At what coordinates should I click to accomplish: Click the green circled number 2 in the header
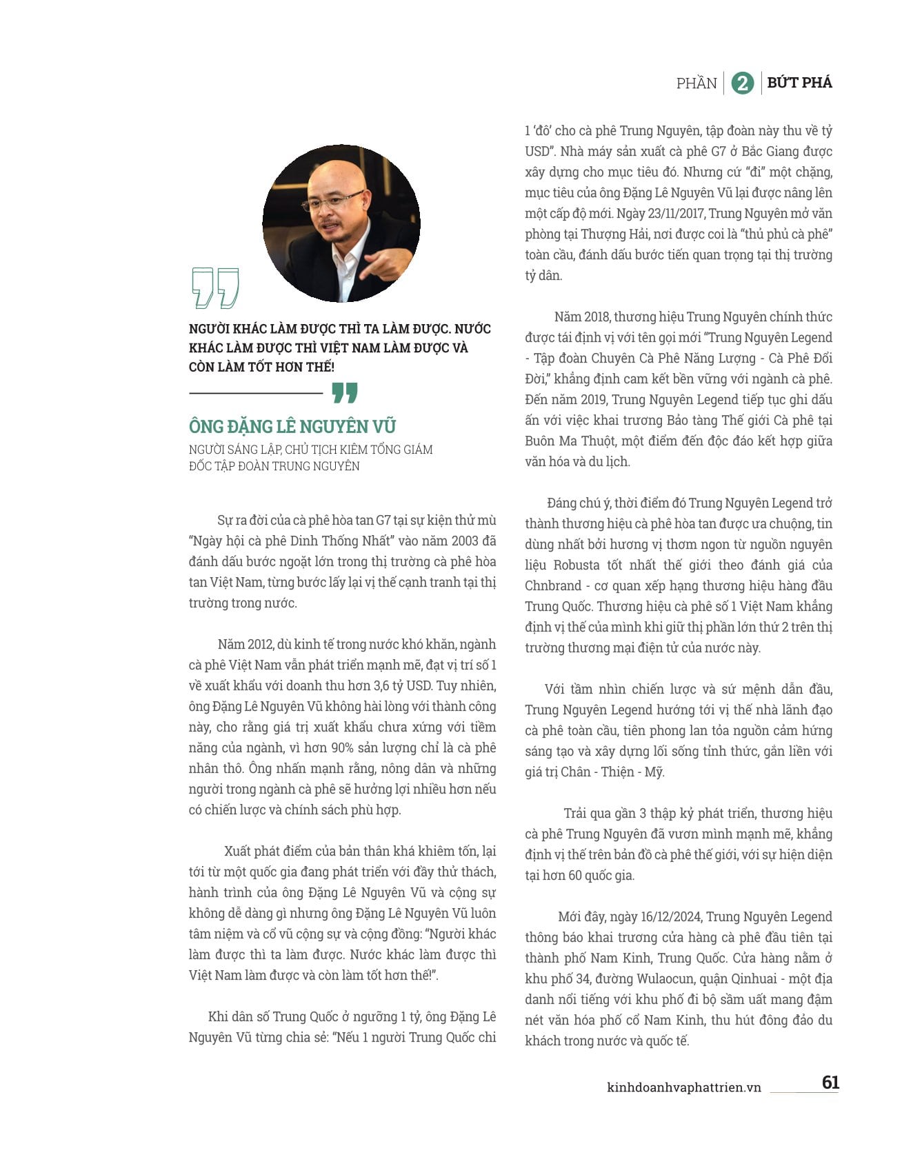(x=742, y=83)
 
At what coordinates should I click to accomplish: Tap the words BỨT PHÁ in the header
(x=799, y=83)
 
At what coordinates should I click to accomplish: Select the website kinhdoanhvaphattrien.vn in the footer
(x=684, y=1087)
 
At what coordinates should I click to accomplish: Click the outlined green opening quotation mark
(x=215, y=288)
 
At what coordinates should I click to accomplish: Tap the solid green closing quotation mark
(x=345, y=393)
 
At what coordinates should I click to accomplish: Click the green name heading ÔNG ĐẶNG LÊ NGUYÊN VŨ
(x=292, y=426)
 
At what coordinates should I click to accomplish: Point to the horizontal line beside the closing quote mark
(x=256, y=393)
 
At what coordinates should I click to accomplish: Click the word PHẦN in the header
(x=696, y=83)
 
